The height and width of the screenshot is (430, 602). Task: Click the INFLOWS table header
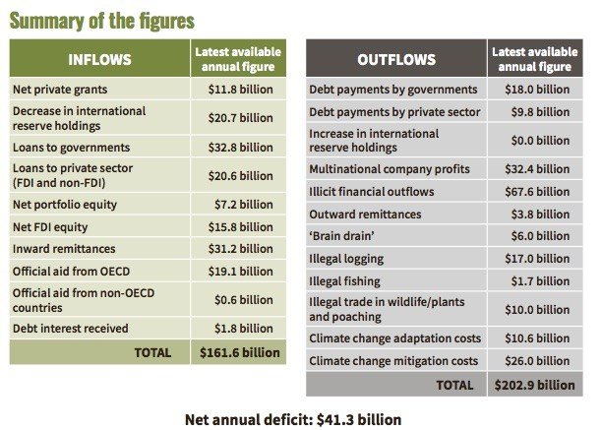(98, 58)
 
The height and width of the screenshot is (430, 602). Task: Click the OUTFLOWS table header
(395, 59)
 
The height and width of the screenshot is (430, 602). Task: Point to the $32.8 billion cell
(240, 147)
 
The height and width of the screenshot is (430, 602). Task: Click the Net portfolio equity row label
(64, 204)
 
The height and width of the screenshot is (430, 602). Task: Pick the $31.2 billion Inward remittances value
(240, 249)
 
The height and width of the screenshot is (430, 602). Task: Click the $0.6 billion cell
(240, 299)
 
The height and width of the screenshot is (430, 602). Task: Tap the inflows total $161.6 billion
(240, 351)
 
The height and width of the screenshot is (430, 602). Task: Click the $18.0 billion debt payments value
(536, 90)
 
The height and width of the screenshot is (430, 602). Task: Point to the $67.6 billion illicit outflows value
(536, 192)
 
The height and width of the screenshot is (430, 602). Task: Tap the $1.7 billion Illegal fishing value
(536, 281)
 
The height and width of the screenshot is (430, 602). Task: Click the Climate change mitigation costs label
(393, 361)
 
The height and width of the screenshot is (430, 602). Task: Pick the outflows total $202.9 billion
(536, 384)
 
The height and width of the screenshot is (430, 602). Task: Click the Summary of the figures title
(103, 20)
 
